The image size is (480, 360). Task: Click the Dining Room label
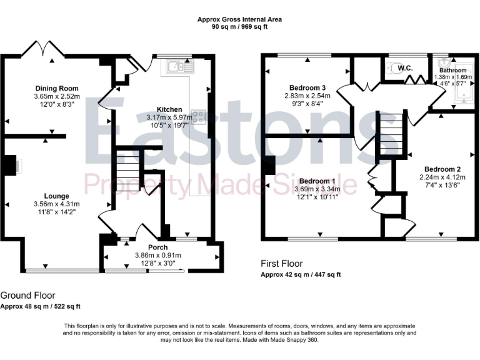click(x=56, y=88)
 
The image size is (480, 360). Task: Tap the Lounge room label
click(x=56, y=196)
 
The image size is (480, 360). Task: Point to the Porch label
click(x=157, y=247)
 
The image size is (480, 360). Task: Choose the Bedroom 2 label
click(x=442, y=169)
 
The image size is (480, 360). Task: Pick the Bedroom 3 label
click(x=307, y=87)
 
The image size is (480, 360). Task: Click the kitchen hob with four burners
click(x=199, y=116)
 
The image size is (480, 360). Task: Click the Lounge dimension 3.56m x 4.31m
click(x=56, y=204)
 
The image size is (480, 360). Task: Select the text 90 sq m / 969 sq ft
click(x=239, y=27)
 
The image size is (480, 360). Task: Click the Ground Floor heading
click(x=27, y=295)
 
